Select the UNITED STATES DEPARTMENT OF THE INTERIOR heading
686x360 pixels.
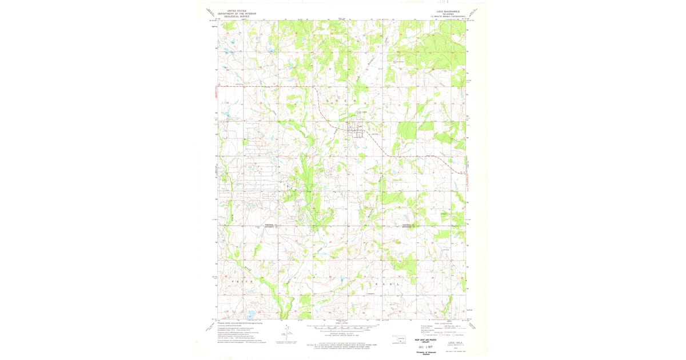tap(241, 13)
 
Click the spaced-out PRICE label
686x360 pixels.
tap(242, 282)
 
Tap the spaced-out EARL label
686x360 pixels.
tap(384, 284)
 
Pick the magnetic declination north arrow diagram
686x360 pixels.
tap(286, 331)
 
